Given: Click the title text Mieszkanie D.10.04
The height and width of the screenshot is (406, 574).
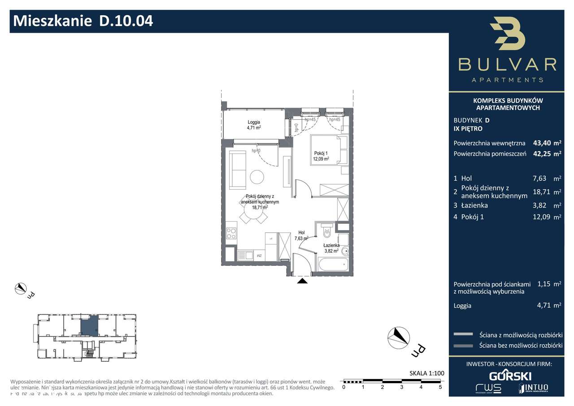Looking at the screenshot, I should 83,21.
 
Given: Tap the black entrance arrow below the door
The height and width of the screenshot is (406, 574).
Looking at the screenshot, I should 303,281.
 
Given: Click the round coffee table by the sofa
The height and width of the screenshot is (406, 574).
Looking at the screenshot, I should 257,177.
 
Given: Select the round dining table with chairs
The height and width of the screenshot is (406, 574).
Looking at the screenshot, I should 253,217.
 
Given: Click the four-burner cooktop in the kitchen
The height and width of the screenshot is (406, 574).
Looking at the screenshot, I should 231,233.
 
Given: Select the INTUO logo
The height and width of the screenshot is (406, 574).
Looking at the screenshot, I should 533,388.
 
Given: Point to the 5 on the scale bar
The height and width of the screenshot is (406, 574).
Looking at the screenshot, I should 440,386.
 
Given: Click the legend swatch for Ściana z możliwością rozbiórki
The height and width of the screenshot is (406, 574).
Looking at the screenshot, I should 463,334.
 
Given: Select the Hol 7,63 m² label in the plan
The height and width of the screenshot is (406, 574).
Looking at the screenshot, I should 301,236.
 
